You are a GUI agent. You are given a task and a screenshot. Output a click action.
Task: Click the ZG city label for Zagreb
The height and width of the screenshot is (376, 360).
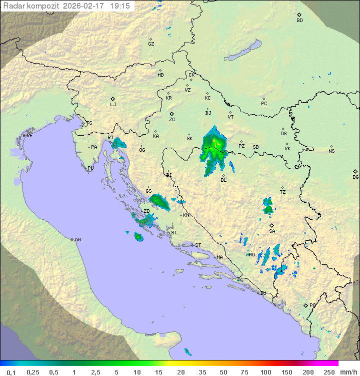coord(172,120)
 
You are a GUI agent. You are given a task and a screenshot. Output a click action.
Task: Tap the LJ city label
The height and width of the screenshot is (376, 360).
coord(113,105)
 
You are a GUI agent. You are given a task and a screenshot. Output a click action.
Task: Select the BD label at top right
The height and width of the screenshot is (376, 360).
coord(299,21)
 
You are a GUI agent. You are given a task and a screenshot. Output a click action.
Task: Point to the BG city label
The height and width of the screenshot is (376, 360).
coord(355,177)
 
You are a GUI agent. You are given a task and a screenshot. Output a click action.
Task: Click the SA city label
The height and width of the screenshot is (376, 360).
coord(272,231)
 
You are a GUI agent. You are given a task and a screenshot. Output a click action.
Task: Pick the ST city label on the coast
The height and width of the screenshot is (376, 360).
coord(198,245)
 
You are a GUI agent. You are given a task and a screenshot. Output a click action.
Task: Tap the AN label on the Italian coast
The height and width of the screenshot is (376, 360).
coord(77,240)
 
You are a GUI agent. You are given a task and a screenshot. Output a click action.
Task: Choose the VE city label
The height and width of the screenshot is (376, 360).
coord(29,136)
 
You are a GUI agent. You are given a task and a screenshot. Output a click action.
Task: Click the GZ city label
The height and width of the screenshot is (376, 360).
coord(151,44)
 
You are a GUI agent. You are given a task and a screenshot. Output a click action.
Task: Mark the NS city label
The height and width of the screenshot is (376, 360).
coord(331,151)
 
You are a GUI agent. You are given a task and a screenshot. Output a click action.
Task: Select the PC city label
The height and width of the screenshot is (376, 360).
coord(264,104)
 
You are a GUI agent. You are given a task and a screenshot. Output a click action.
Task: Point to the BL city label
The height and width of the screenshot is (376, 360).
coord(223,180)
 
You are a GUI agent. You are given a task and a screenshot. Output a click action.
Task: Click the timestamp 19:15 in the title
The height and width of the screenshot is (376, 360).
coord(121,6)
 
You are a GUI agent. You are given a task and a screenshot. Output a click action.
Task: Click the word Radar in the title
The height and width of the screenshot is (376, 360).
coord(13,6)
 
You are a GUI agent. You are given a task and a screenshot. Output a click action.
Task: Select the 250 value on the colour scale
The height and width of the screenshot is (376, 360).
coord(328,372)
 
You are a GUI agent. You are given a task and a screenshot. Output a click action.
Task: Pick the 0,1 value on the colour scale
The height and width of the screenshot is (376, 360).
coord(11,372)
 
